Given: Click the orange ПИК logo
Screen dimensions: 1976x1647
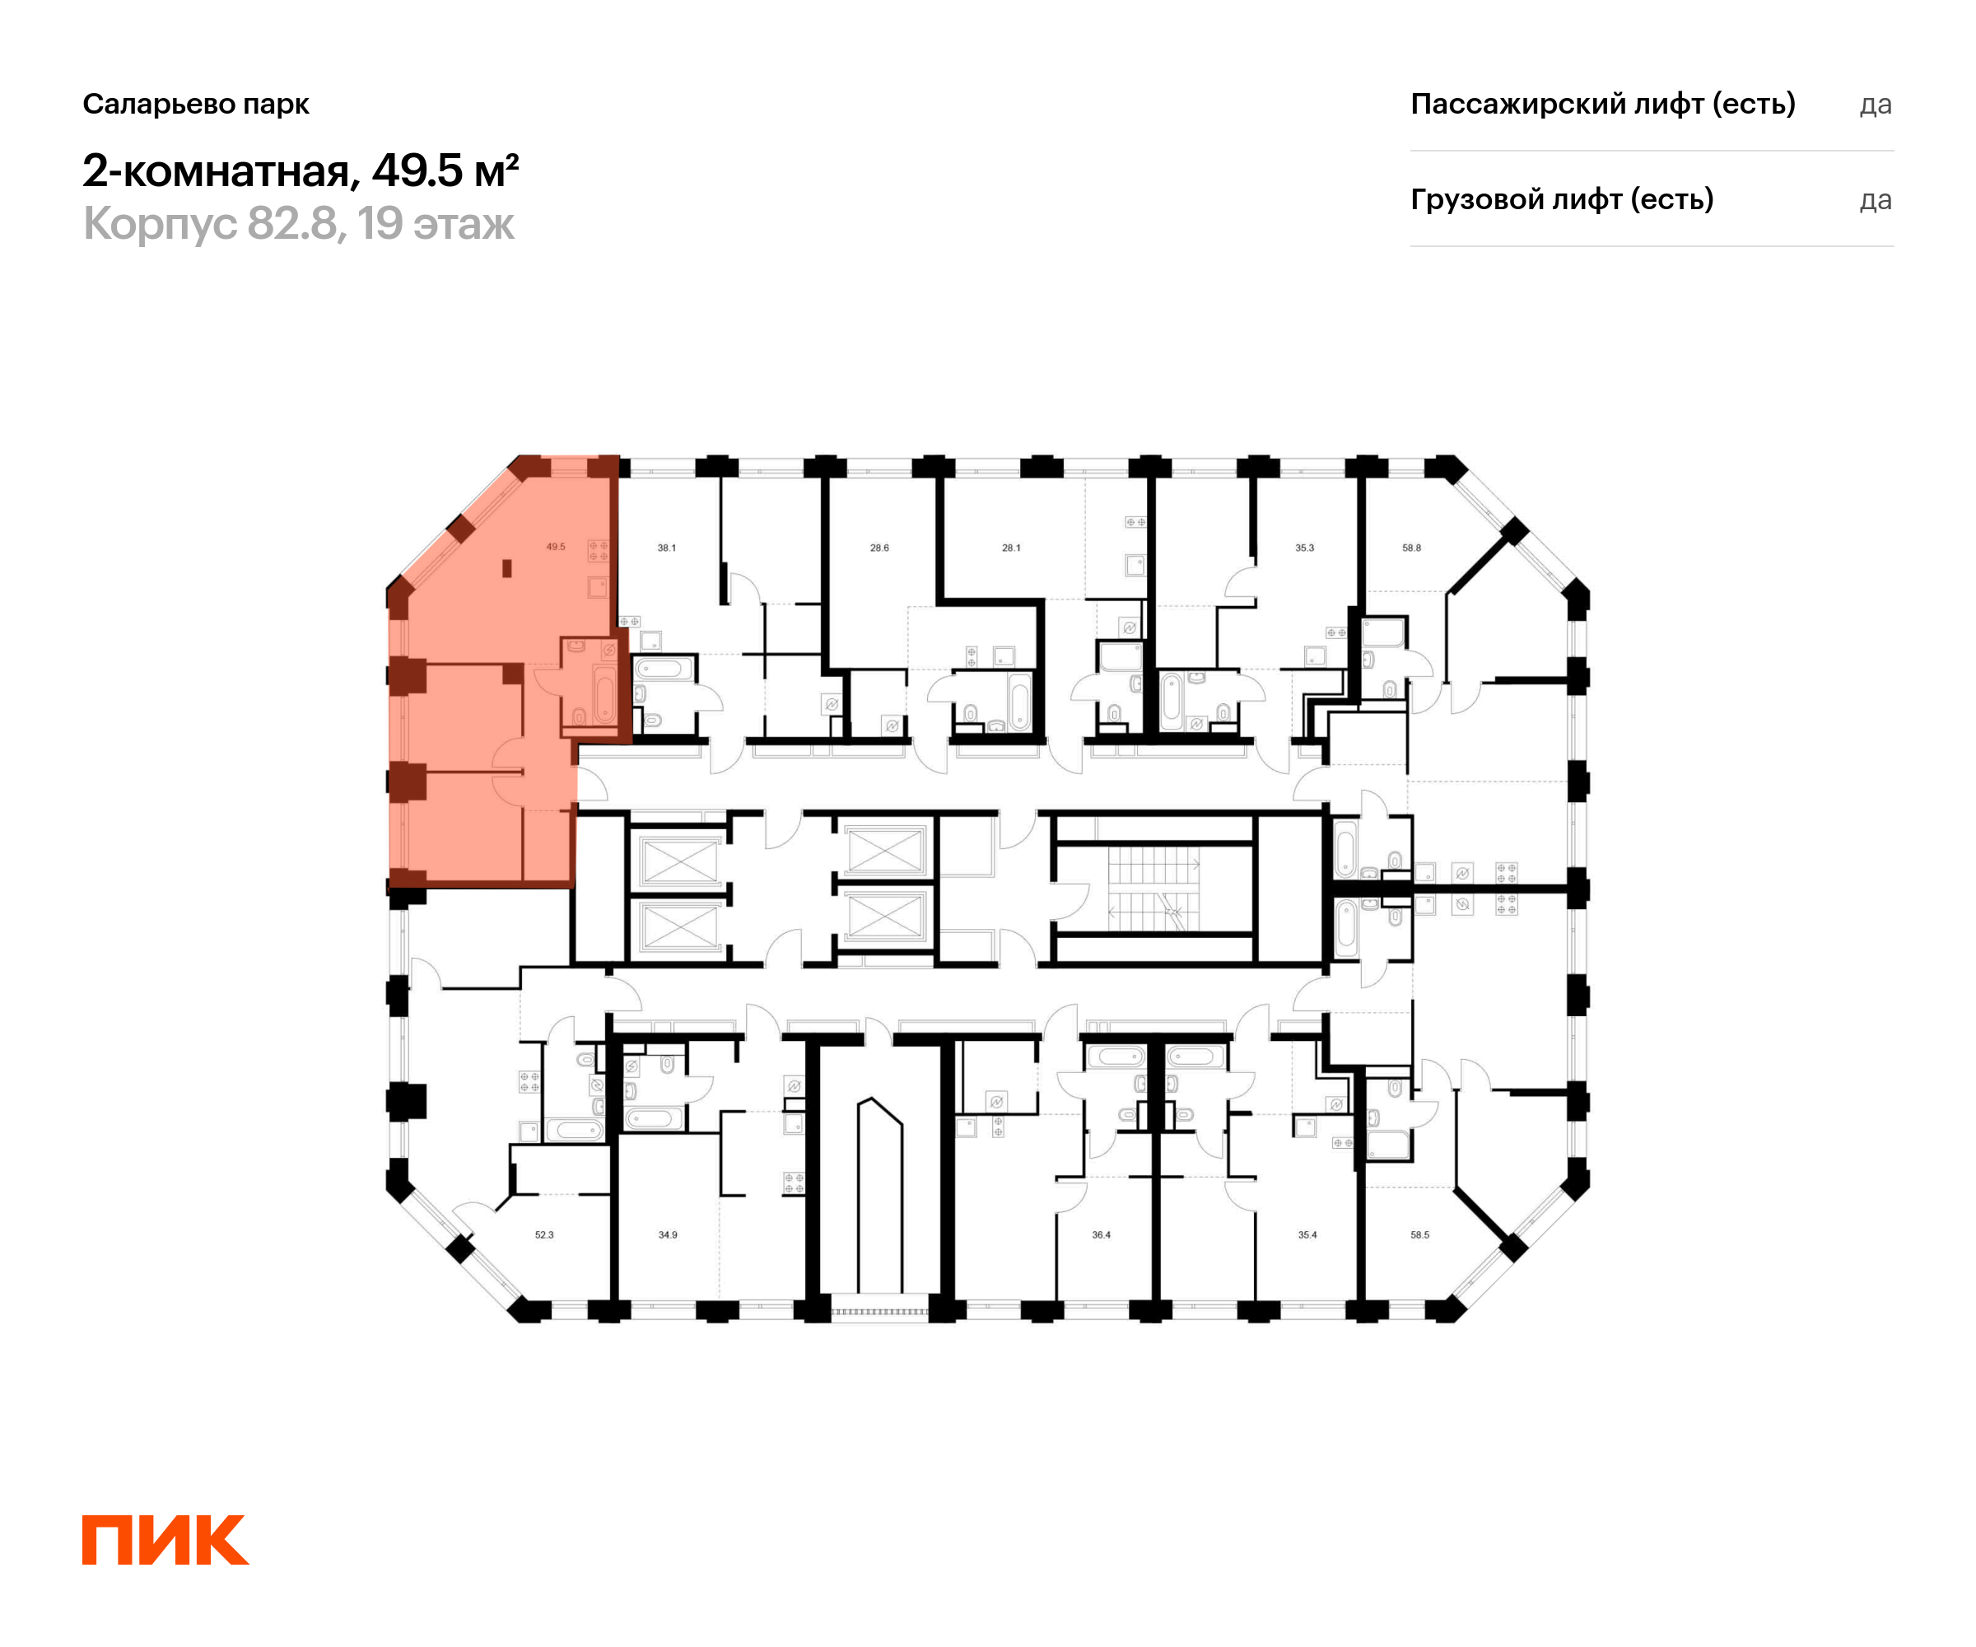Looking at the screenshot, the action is [x=165, y=1540].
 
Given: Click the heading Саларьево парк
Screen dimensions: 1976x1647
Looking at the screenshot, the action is [x=196, y=104].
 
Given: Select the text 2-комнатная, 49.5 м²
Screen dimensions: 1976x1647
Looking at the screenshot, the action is [x=301, y=171].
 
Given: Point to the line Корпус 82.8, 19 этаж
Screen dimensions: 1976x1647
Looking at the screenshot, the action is [x=298, y=224].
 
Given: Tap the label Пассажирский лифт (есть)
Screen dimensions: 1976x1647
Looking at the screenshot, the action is [x=1602, y=104].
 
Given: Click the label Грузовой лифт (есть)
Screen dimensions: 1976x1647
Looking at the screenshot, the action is [x=1562, y=199].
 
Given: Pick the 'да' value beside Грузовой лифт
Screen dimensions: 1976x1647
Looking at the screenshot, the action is [x=1876, y=200].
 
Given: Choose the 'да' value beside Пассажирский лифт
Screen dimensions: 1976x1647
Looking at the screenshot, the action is [x=1876, y=105].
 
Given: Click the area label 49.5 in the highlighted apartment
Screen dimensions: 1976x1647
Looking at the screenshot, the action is [x=555, y=547].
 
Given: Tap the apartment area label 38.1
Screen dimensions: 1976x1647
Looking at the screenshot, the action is [x=666, y=548].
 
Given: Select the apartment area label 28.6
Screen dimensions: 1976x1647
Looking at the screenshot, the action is [x=878, y=548].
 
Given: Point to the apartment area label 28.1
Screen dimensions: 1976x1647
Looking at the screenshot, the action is [x=1010, y=548].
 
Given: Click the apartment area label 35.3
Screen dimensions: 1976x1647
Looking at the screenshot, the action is [x=1304, y=548].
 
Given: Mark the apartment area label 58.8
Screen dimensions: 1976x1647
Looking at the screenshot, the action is [x=1411, y=548].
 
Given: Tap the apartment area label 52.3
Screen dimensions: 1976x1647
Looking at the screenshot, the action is [x=544, y=1234].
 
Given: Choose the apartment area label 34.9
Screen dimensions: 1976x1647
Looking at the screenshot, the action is [x=667, y=1234].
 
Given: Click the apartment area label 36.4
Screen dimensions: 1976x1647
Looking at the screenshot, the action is [x=1101, y=1234].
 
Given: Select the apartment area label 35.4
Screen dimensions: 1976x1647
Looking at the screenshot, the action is [x=1307, y=1234].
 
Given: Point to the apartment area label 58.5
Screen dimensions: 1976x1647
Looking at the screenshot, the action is [x=1419, y=1234].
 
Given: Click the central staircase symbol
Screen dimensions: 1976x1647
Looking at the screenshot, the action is [x=1153, y=889].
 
